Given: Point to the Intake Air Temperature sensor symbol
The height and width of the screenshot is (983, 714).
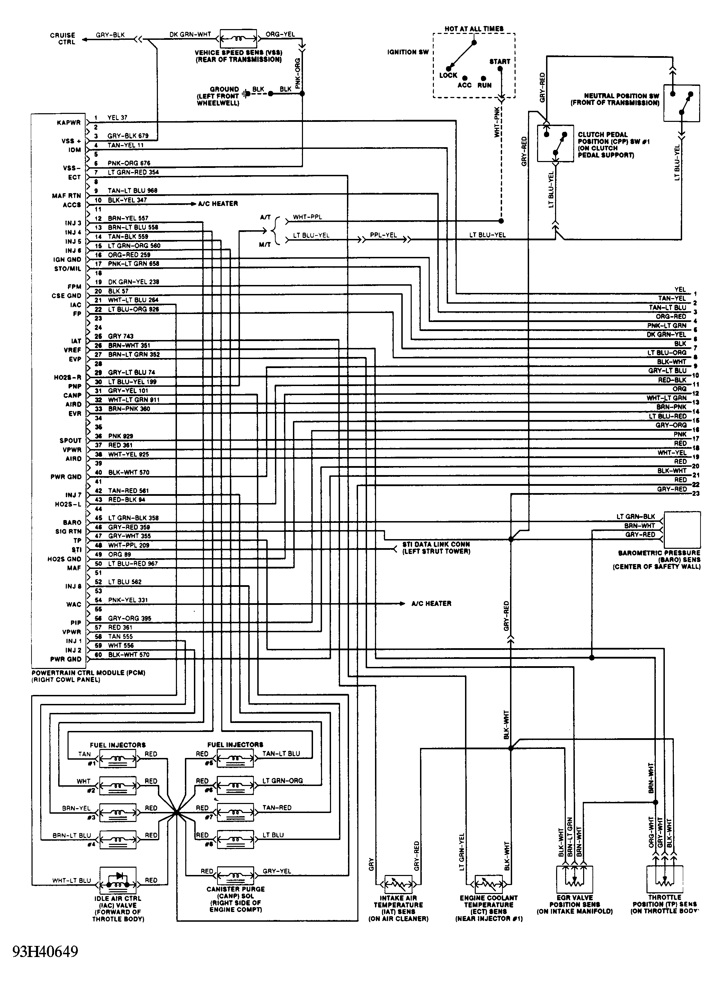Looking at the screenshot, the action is click(398, 884).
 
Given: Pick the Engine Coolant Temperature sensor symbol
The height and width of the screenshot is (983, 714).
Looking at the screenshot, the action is click(489, 884).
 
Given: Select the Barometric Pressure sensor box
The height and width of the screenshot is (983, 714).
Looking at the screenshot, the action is click(682, 530).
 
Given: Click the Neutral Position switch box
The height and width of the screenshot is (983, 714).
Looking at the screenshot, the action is click(681, 103).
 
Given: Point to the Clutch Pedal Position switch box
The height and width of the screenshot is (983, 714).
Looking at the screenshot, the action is click(555, 143).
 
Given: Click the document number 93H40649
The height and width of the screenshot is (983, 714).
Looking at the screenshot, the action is click(45, 951).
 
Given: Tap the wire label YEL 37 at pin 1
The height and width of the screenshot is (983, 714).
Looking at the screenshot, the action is click(117, 117).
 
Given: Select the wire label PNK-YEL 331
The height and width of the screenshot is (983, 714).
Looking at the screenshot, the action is click(128, 600).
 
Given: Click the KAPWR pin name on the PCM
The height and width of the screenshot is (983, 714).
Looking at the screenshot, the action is click(69, 123).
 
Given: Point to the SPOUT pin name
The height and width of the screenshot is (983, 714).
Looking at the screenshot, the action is click(70, 440).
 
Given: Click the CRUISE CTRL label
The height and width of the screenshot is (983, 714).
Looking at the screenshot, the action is click(63, 38).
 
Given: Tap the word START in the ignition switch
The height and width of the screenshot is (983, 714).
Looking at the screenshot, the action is click(499, 62).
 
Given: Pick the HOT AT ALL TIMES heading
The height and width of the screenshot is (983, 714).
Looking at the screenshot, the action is click(474, 29).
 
